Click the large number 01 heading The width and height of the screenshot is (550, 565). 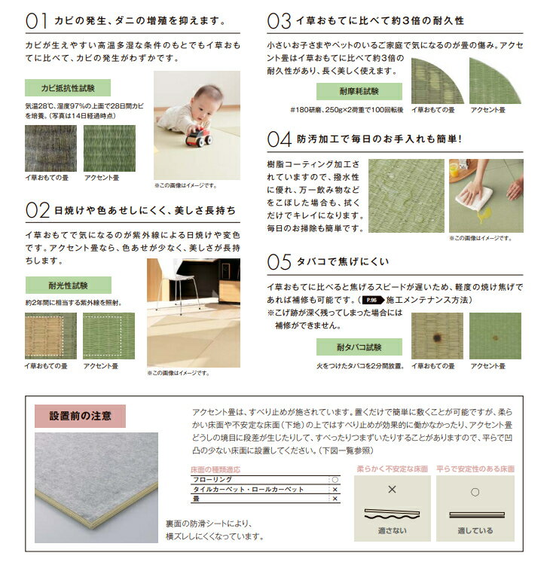[36, 20]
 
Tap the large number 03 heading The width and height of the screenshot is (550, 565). [280, 20]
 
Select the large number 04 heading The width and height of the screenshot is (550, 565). [280, 140]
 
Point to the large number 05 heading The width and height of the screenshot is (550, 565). [280, 261]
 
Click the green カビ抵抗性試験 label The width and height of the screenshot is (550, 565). [68, 87]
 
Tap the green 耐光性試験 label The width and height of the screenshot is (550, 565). [68, 286]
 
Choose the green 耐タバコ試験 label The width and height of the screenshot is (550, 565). [359, 347]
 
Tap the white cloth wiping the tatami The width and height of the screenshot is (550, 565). [474, 194]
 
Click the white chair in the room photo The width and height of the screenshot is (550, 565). [178, 282]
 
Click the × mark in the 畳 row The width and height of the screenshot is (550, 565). [335, 499]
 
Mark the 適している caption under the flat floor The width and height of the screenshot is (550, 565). [475, 530]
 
